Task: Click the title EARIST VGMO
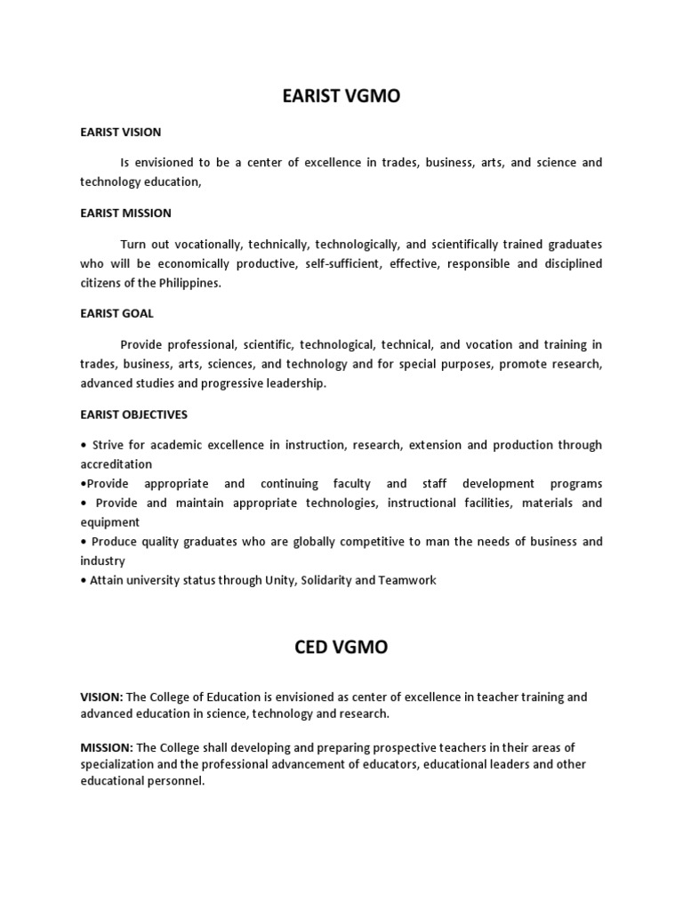pos(341,96)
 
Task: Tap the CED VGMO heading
pos(341,647)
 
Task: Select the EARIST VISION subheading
pos(121,132)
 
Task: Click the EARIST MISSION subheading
pos(125,213)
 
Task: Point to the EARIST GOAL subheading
pos(117,313)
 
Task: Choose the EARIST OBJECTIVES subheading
pos(133,415)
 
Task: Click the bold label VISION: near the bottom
pos(102,697)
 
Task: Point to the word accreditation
pos(116,464)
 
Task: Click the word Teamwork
pos(408,581)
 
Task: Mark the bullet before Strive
pos(83,445)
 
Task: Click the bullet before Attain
pos(83,581)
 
